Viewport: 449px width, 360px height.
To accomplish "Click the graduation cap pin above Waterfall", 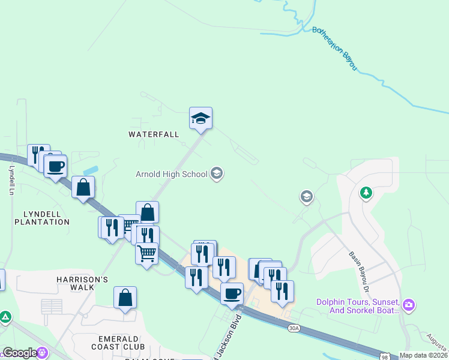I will (x=200, y=118).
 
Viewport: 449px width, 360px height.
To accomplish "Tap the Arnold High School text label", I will (x=171, y=175).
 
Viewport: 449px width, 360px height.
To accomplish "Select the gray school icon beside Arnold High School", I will (x=217, y=174).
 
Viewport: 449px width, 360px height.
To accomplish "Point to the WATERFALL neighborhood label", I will (x=154, y=134).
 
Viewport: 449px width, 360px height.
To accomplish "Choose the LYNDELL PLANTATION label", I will (x=47, y=218).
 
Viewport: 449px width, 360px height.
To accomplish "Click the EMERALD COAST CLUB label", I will (x=118, y=343).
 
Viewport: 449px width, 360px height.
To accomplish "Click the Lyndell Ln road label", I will (x=11, y=180).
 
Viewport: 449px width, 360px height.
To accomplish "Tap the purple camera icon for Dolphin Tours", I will (x=409, y=305).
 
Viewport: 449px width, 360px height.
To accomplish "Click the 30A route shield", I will (x=294, y=328).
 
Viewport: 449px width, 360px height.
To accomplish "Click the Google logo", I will (x=20, y=353).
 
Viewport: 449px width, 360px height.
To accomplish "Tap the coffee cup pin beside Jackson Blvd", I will (x=232, y=294).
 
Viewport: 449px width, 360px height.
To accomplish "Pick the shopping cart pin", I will (x=147, y=253).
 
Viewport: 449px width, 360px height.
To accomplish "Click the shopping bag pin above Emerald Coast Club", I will (x=125, y=298).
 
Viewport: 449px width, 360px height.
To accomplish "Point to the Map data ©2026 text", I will (x=423, y=355).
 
